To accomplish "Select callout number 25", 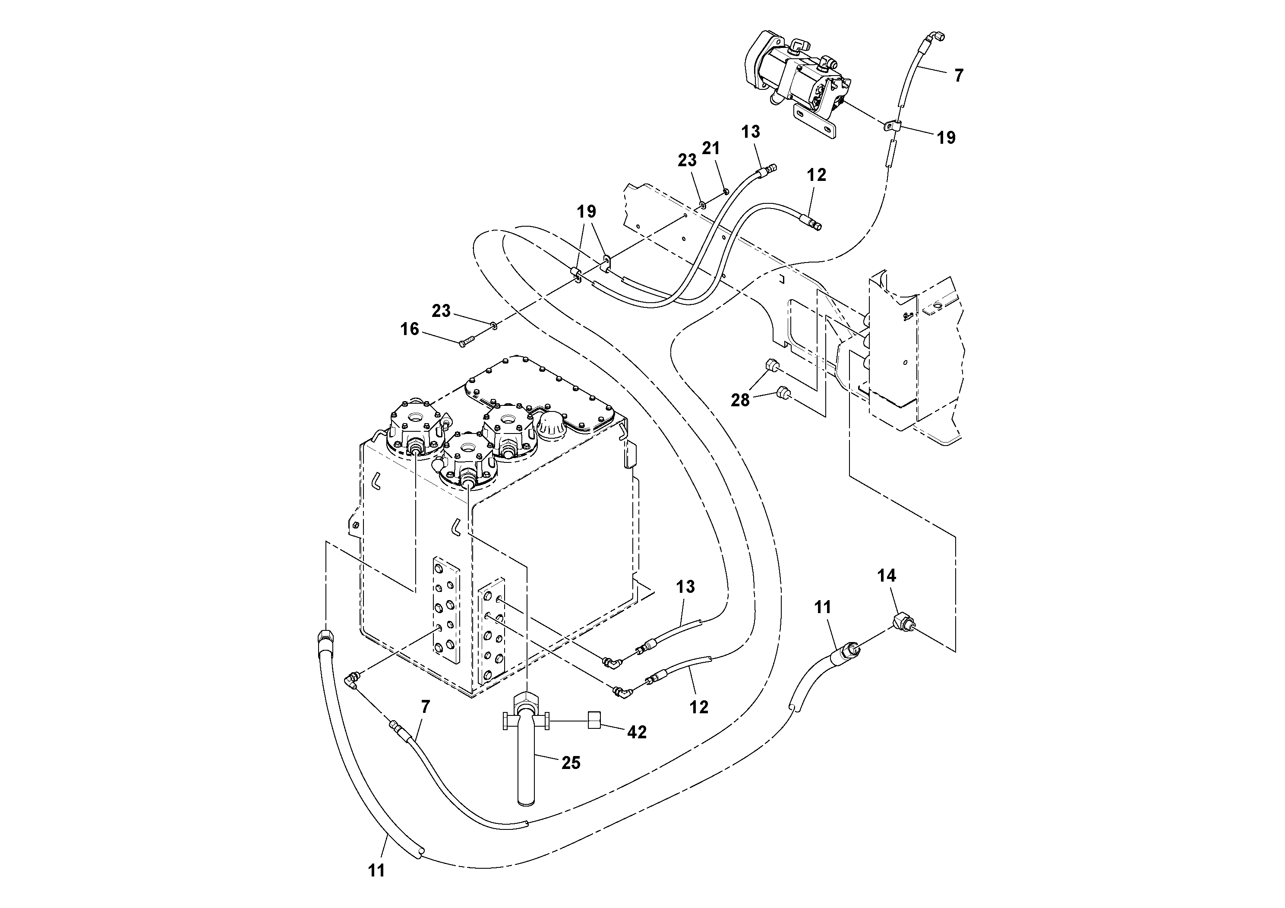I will (x=571, y=762).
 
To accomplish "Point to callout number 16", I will (x=410, y=329).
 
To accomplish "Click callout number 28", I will (x=740, y=400).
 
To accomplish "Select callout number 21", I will (x=711, y=149).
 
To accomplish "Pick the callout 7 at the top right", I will (x=959, y=76).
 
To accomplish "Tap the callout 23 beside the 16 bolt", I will (x=441, y=311).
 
